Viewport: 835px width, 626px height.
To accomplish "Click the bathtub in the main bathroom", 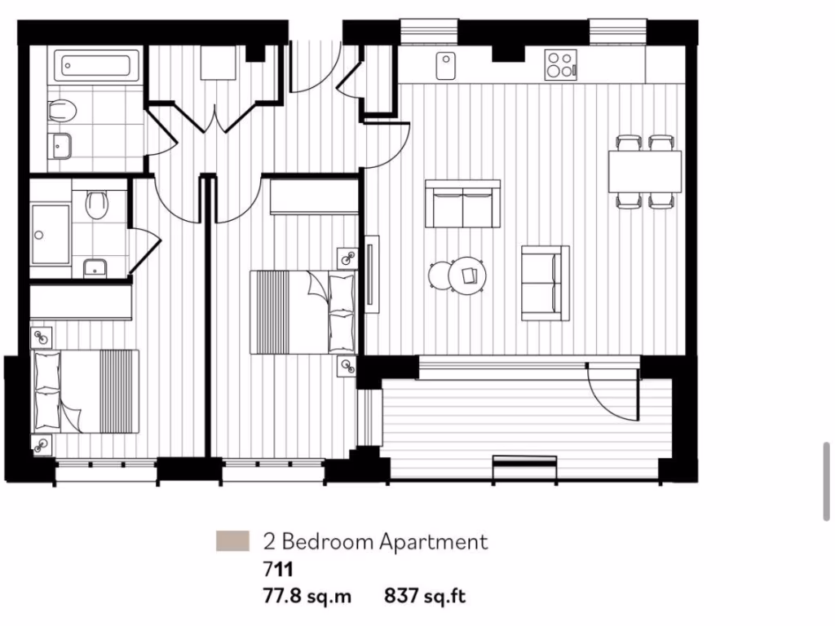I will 96,64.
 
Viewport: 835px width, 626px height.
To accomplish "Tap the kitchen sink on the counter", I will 445,65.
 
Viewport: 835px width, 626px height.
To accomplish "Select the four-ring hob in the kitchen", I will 560,65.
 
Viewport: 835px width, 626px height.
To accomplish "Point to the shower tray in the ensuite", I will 51,235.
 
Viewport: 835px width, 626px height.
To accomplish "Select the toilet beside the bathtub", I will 62,111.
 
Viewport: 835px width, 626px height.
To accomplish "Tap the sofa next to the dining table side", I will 545,282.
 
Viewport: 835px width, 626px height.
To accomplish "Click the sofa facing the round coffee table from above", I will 462,204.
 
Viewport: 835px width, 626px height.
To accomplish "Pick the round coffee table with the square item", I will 468,275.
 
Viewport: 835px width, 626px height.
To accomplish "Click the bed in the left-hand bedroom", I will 85,391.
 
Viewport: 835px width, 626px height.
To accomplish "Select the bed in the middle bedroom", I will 302,312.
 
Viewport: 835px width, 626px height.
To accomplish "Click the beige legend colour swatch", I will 232,541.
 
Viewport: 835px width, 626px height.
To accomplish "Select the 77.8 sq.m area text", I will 307,597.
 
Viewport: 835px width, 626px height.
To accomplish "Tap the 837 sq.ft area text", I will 425,597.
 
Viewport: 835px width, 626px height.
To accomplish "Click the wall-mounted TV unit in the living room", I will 372,273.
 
